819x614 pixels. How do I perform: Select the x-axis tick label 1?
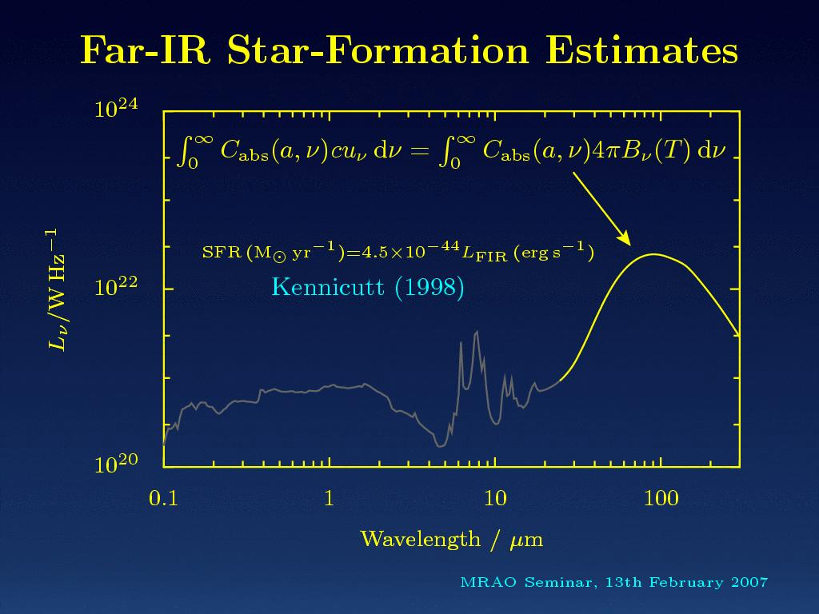[329, 500]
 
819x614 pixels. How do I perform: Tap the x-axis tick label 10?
[495, 500]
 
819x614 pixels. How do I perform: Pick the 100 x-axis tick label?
[661, 500]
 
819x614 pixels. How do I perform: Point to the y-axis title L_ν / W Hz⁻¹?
[54, 289]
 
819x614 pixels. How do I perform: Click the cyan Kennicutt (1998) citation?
[368, 286]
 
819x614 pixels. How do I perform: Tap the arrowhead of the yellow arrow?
[626, 241]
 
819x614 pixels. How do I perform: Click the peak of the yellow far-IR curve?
[655, 254]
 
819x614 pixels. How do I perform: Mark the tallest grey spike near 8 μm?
[477, 331]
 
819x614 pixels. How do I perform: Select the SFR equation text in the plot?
[398, 254]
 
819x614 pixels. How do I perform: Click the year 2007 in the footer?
[749, 582]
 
